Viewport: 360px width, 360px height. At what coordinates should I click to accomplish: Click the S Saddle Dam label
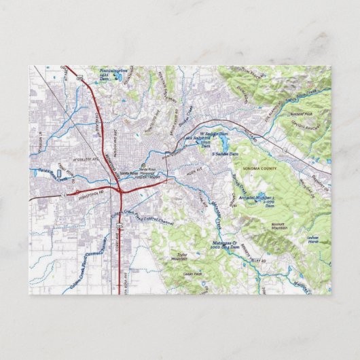coord(225,154)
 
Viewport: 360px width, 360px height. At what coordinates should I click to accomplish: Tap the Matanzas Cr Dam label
coord(226,246)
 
